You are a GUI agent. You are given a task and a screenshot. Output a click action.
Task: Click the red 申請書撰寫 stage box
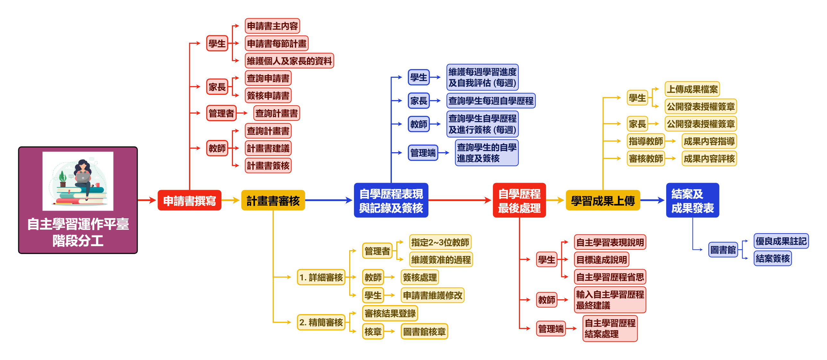(189, 200)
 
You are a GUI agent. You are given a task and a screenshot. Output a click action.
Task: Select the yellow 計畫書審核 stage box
(273, 200)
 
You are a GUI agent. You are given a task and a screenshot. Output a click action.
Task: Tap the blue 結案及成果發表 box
(692, 200)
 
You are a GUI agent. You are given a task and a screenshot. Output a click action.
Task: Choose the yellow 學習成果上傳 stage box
(603, 200)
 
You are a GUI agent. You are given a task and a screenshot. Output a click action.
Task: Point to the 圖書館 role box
(723, 250)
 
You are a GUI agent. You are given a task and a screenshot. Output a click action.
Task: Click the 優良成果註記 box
(781, 241)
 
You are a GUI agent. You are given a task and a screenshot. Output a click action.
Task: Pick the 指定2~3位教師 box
(440, 242)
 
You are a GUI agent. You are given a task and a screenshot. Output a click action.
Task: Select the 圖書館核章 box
(424, 331)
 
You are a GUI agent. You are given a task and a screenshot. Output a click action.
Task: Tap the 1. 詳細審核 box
(321, 277)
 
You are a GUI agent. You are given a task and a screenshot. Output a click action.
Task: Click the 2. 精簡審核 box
(321, 322)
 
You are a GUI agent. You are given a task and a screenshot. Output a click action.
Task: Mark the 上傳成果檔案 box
(692, 89)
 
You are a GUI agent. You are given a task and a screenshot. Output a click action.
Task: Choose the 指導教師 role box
(646, 141)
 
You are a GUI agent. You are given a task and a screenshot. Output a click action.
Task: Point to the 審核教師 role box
(646, 159)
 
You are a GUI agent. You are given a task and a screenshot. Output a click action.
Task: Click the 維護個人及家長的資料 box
(289, 61)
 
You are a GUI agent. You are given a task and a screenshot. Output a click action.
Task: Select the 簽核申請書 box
(268, 96)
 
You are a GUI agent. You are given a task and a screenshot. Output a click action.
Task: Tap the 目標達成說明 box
(601, 259)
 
